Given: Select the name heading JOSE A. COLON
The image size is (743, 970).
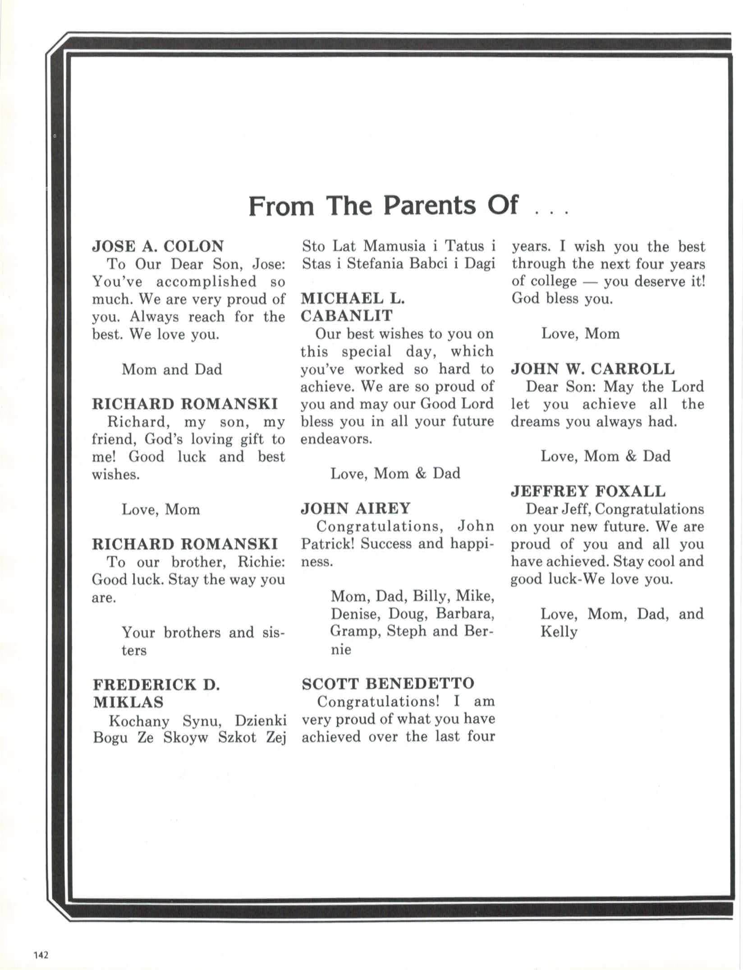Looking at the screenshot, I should click(x=158, y=246).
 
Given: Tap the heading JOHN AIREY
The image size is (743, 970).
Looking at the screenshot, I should click(x=355, y=508).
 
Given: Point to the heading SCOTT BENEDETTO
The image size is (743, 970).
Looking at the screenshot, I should click(x=388, y=683).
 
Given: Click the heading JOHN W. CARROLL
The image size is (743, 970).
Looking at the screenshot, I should click(x=592, y=369).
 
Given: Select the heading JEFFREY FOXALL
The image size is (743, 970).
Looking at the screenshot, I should click(x=588, y=491).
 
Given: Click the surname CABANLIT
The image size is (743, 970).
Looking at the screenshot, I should click(x=347, y=315).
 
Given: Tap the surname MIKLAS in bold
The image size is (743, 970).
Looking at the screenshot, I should click(x=128, y=702).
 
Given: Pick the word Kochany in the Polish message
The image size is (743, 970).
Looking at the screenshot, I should click(x=138, y=721).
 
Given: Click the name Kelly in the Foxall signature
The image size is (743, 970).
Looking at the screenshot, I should click(x=559, y=632).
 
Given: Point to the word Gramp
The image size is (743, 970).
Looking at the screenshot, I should click(x=349, y=631).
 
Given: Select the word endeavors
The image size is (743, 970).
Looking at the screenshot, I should click(x=336, y=439).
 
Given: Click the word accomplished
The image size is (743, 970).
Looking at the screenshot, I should click(x=206, y=282).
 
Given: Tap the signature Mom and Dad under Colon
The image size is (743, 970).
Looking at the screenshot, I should click(x=172, y=370).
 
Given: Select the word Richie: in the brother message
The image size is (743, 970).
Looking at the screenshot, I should click(x=261, y=562).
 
